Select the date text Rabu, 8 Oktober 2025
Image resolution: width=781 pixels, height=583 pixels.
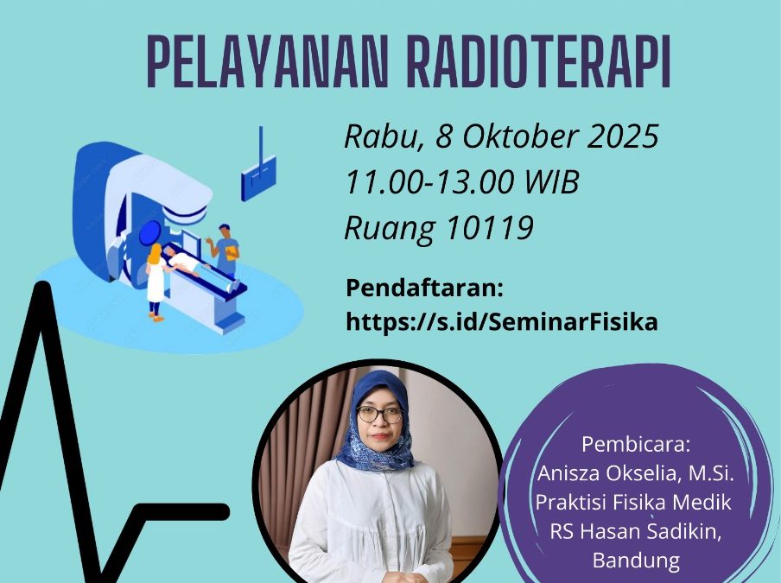click(501, 136)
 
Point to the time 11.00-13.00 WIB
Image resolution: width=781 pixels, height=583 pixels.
click(461, 182)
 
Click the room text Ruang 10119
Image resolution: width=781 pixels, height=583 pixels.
click(439, 227)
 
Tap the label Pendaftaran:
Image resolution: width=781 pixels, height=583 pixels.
click(424, 287)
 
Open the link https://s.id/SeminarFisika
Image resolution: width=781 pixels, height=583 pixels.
click(501, 321)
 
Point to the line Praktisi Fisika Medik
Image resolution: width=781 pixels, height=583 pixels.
click(634, 502)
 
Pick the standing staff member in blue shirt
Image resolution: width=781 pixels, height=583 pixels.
click(226, 251)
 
